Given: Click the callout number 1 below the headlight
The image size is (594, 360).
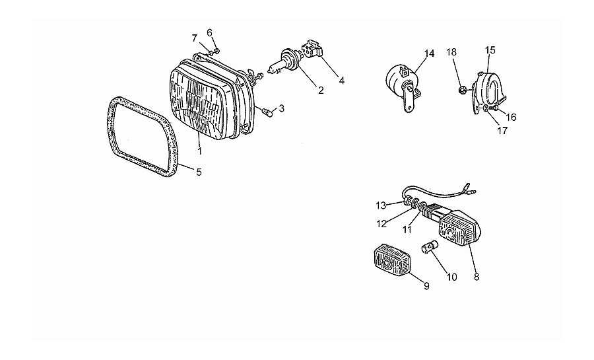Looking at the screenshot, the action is (199, 151).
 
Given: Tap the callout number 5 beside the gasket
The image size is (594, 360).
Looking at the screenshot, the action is (199, 172).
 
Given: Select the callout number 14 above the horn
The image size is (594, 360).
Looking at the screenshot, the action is (429, 54).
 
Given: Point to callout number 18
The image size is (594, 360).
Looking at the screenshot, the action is (451, 52).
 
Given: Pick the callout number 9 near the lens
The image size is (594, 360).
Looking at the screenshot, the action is (426, 287).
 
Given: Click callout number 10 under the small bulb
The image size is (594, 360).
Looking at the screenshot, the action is (452, 277).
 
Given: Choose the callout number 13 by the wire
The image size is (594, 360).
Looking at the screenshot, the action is (381, 205).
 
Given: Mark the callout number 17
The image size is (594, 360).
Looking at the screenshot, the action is (502, 131).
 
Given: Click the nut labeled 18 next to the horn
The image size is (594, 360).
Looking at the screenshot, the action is (462, 90).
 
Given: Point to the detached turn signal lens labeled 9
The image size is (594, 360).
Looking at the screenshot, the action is (392, 260).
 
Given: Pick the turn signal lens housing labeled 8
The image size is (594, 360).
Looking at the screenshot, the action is (459, 229).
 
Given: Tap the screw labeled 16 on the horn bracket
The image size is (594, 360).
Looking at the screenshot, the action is (493, 109).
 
